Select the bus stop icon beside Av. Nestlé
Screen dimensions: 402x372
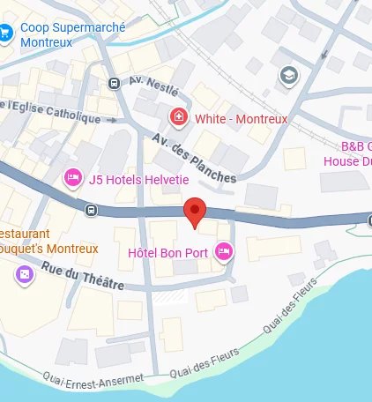[114, 83]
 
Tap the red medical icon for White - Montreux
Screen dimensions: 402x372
[179, 116]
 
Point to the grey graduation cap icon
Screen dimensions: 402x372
[288, 76]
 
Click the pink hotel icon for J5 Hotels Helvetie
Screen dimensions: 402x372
[73, 179]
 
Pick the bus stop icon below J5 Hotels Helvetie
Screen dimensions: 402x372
[92, 210]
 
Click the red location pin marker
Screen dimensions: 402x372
[194, 212]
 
